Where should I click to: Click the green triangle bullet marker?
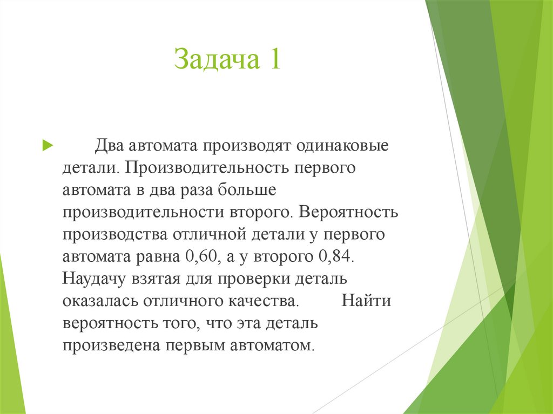click(x=47, y=145)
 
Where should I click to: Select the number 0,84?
click(x=336, y=256)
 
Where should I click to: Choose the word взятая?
click(x=158, y=279)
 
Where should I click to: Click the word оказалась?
click(x=101, y=301)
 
